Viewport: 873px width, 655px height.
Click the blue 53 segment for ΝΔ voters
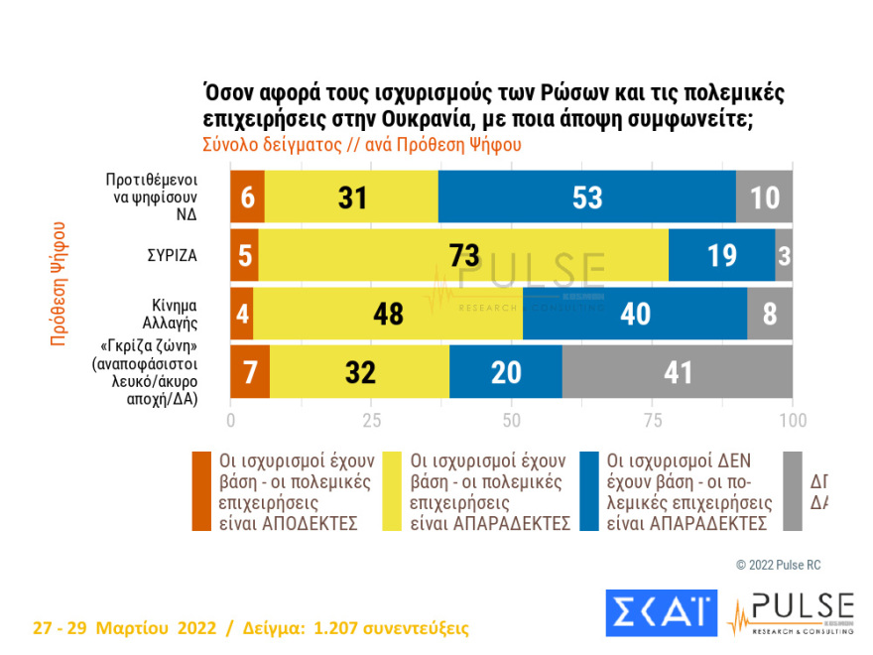(586, 196)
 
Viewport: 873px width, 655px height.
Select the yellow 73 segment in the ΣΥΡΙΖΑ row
(464, 255)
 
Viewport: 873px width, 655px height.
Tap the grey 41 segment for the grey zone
(678, 372)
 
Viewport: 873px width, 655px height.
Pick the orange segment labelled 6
(247, 196)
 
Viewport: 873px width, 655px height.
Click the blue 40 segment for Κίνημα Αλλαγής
(634, 314)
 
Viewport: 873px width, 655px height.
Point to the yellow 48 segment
(388, 314)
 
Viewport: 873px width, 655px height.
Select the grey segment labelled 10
(764, 196)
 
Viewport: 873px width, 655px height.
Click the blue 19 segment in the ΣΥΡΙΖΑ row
(721, 255)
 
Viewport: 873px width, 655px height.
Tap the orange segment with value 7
(250, 372)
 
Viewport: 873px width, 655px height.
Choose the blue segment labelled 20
(505, 372)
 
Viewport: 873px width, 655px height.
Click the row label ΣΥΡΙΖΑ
(169, 255)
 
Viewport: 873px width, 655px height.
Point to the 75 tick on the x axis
(652, 420)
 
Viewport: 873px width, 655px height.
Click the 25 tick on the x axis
(371, 420)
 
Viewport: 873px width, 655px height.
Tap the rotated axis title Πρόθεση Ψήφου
(58, 283)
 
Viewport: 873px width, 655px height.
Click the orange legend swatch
(201, 491)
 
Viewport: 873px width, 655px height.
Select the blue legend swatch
(592, 491)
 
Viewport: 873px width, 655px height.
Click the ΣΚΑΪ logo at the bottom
(661, 612)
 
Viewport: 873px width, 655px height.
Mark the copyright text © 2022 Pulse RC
(779, 565)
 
